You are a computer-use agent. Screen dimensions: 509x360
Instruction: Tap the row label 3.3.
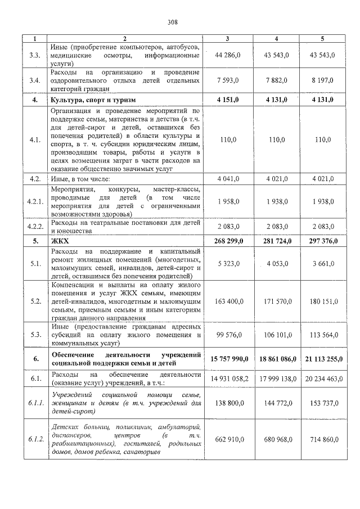click(x=35, y=55)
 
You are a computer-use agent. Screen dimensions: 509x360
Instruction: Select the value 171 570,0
click(x=275, y=301)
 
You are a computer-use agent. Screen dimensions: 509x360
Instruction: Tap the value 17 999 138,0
click(x=276, y=379)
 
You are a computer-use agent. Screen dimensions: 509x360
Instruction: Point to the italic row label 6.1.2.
click(x=35, y=439)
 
